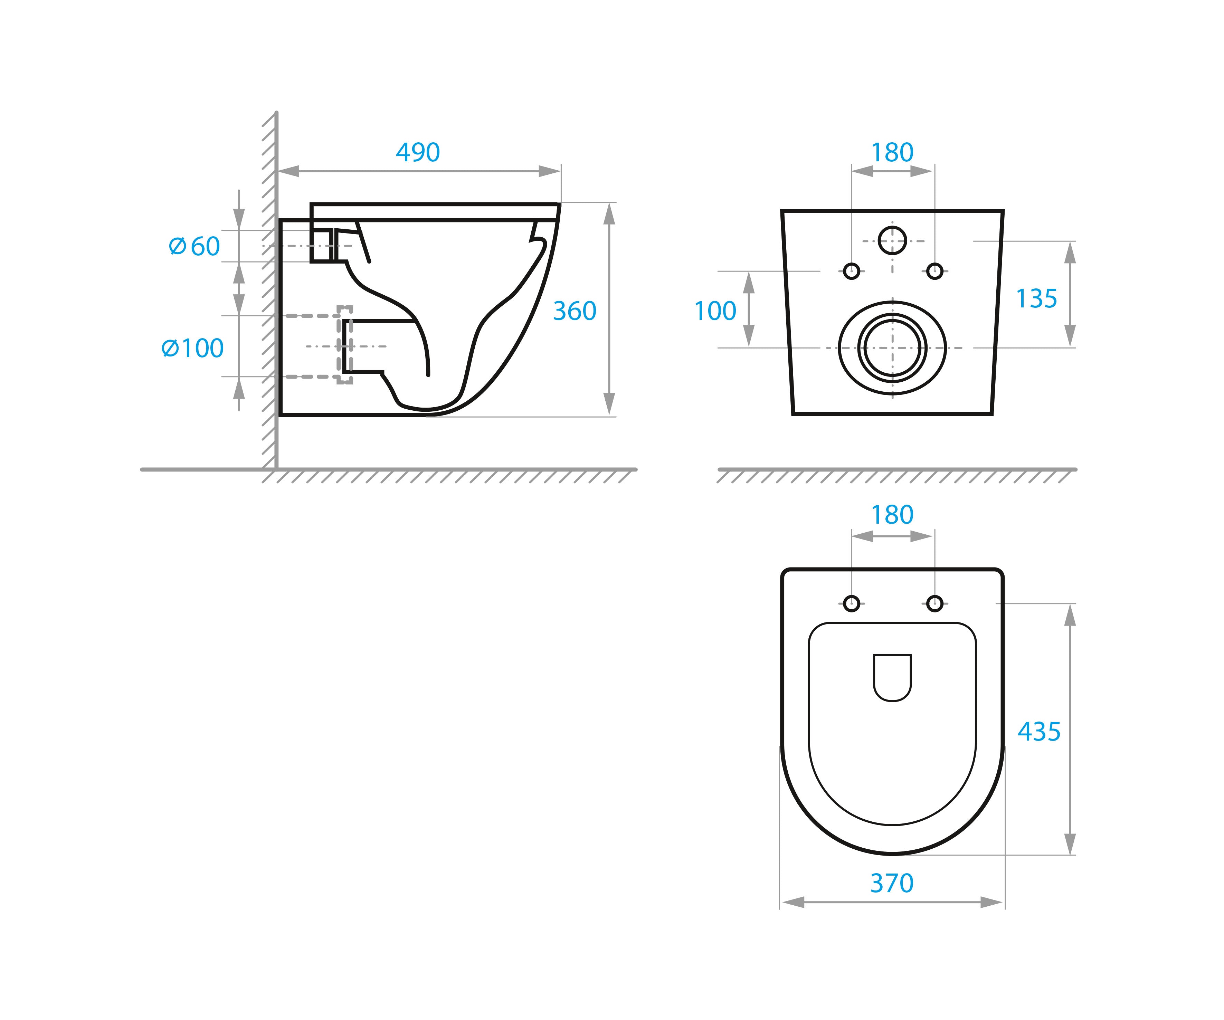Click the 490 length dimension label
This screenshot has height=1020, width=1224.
pyautogui.click(x=418, y=153)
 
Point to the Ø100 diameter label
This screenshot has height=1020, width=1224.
pyautogui.click(x=192, y=349)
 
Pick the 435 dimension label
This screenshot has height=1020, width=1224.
pyautogui.click(x=1038, y=732)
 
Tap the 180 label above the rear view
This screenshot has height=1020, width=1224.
pyautogui.click(x=892, y=153)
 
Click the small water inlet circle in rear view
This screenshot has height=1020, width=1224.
pyautogui.click(x=892, y=241)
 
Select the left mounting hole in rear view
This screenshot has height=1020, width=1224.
pyautogui.click(x=852, y=271)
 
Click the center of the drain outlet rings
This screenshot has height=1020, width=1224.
pyautogui.click(x=892, y=348)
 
